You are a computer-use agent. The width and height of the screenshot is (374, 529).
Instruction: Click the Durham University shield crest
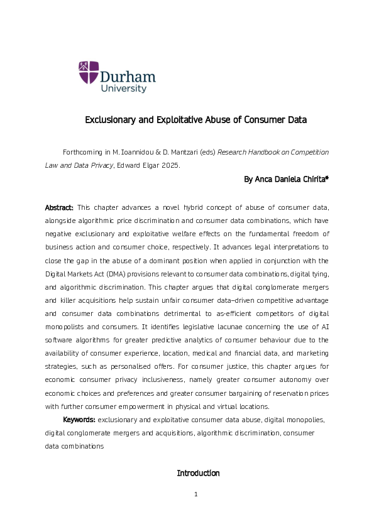[x=89, y=72]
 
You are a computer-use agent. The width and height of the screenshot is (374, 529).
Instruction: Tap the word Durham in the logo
[x=128, y=77]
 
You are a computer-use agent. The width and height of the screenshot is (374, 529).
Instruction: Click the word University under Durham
[x=124, y=89]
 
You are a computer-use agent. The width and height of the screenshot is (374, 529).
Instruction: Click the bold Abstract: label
[x=59, y=207]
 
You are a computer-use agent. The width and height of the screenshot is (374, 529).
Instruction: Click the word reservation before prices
[x=282, y=393]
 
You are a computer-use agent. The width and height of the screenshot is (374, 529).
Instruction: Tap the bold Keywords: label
[x=79, y=419]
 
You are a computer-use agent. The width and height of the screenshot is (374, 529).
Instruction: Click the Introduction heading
[x=198, y=473]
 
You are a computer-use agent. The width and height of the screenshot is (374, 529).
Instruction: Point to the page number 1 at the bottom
[x=196, y=494]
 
